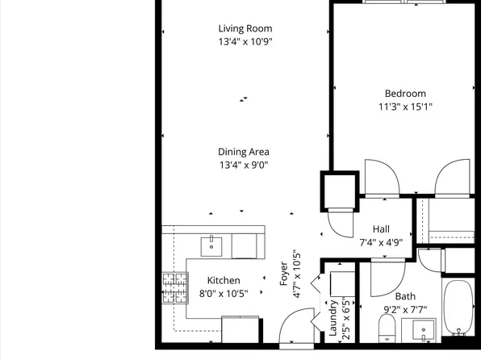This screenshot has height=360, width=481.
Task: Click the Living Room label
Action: pyautogui.click(x=245, y=28)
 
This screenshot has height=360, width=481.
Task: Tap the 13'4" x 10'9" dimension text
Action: pyautogui.click(x=245, y=41)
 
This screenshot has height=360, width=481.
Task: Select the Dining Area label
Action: pyautogui.click(x=244, y=152)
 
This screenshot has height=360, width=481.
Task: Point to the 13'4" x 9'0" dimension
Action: pyautogui.click(x=244, y=165)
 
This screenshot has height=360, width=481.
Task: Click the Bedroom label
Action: pyautogui.click(x=405, y=94)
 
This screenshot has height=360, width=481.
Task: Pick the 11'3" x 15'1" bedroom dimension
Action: pyautogui.click(x=405, y=107)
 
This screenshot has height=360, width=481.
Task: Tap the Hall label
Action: pyautogui.click(x=381, y=229)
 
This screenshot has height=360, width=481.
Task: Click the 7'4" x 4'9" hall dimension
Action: pyautogui.click(x=381, y=242)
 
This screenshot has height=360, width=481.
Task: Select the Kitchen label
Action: pyautogui.click(x=224, y=280)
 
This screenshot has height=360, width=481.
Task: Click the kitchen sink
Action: pyautogui.click(x=211, y=246)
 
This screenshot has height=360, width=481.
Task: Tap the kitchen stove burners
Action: pyautogui.click(x=175, y=288)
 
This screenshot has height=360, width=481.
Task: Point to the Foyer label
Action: pyautogui.click(x=284, y=274)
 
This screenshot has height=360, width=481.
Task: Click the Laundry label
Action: pyautogui.click(x=333, y=318)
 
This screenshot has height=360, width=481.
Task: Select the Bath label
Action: pyautogui.click(x=405, y=296)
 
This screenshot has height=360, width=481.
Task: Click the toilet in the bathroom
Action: pyautogui.click(x=387, y=329)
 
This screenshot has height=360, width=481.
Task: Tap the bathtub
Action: pyautogui.click(x=458, y=308)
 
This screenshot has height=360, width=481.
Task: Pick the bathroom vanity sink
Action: pyautogui.click(x=424, y=330)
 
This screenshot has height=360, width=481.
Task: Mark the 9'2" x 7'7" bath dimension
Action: pyautogui.click(x=405, y=310)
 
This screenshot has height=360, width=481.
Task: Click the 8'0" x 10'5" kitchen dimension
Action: pyautogui.click(x=224, y=294)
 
